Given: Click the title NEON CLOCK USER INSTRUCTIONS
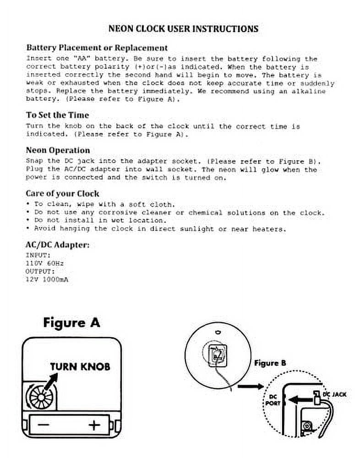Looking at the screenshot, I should tap(183, 28).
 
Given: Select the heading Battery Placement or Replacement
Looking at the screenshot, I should tap(97, 48).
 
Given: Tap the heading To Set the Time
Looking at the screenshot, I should tap(57, 115).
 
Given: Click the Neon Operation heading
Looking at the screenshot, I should tap(58, 150).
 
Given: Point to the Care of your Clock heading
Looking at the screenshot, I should tap(62, 193).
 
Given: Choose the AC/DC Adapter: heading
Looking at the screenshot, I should tap(57, 245).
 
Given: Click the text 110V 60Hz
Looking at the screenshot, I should tap(45, 263).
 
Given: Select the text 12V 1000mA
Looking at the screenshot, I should tap(47, 279).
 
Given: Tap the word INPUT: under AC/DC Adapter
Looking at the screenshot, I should tap(38, 255).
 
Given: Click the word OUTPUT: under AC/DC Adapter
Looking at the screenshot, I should tap(40, 271).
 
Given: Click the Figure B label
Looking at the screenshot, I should tap(270, 363).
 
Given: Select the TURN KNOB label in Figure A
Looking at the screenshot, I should tap(80, 366).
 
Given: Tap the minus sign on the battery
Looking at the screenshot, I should tap(44, 425).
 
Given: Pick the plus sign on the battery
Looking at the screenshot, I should tap(94, 425).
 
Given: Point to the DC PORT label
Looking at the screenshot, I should tap(272, 399).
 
